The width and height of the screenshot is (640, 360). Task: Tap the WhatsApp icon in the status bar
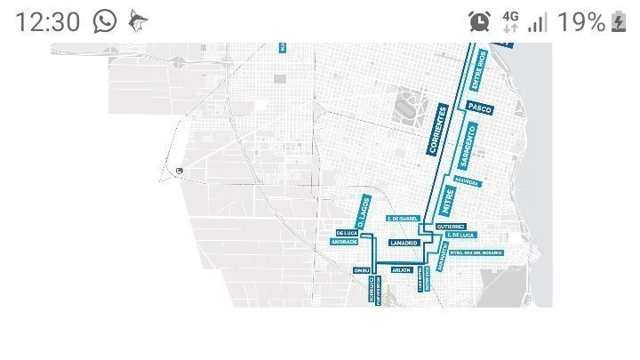point(105,21)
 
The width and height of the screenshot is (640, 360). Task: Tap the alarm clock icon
point(480,21)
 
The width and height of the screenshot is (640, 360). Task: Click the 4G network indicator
point(510,21)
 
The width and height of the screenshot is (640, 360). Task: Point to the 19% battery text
point(582,21)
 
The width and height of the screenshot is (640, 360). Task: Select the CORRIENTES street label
point(437,129)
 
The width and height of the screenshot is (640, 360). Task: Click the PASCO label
point(479,107)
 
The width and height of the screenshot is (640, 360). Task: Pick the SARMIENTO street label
point(470,147)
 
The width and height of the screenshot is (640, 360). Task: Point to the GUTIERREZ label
point(452,227)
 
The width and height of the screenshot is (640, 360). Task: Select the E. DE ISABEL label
point(403,218)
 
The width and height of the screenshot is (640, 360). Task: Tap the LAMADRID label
point(403,242)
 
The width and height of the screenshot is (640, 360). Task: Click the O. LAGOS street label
point(362,212)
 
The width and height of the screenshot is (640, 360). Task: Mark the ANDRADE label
point(344,242)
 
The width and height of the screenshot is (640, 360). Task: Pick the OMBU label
point(361,269)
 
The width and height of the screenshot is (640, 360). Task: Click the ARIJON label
point(401,269)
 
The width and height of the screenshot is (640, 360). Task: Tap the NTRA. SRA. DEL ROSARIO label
point(476,252)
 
